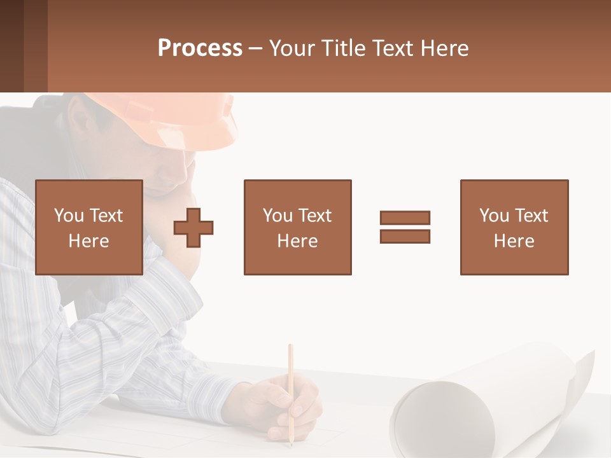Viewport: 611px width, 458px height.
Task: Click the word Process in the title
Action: coord(200,48)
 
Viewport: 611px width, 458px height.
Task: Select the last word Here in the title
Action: coord(443,48)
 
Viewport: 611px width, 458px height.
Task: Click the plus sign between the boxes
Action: coord(193,228)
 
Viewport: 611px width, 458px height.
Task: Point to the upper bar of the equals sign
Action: coord(405,218)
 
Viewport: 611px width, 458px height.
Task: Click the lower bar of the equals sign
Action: coord(405,236)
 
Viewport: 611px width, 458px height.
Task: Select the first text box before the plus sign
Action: coord(89,228)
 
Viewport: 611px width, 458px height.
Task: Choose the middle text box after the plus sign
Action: coord(297,228)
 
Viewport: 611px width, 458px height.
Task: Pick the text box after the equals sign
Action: coord(514,228)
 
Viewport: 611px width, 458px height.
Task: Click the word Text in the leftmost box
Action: coord(106,216)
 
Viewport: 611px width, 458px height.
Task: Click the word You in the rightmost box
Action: coord(495,216)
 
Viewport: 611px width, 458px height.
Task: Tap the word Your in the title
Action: coord(292,48)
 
